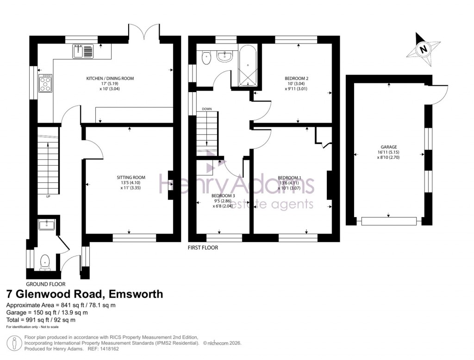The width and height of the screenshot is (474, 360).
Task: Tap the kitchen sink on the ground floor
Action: tap(83, 51)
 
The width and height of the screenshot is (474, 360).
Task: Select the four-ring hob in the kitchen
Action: tap(46, 83)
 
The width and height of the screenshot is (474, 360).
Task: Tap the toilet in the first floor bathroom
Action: tap(206, 57)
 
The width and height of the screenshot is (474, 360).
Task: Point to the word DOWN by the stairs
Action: tap(207, 109)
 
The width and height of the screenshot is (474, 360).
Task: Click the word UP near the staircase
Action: tap(48, 197)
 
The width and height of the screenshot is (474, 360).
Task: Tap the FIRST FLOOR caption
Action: tap(203, 248)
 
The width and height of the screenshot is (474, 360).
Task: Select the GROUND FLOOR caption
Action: tap(45, 284)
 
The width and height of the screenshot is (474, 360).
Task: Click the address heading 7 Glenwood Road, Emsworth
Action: tap(84, 294)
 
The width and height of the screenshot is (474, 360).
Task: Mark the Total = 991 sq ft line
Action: tap(41, 320)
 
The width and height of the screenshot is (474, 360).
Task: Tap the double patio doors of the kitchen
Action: tap(144, 32)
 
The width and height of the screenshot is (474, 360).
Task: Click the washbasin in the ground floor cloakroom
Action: tap(48, 225)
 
